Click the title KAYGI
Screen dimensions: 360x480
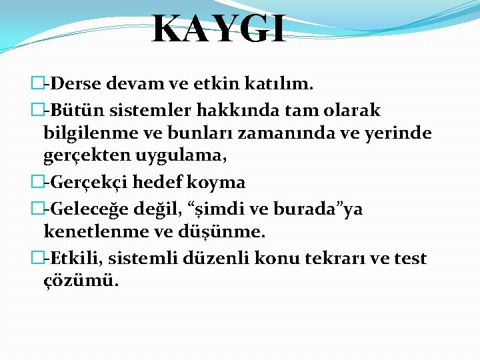click(219, 29)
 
